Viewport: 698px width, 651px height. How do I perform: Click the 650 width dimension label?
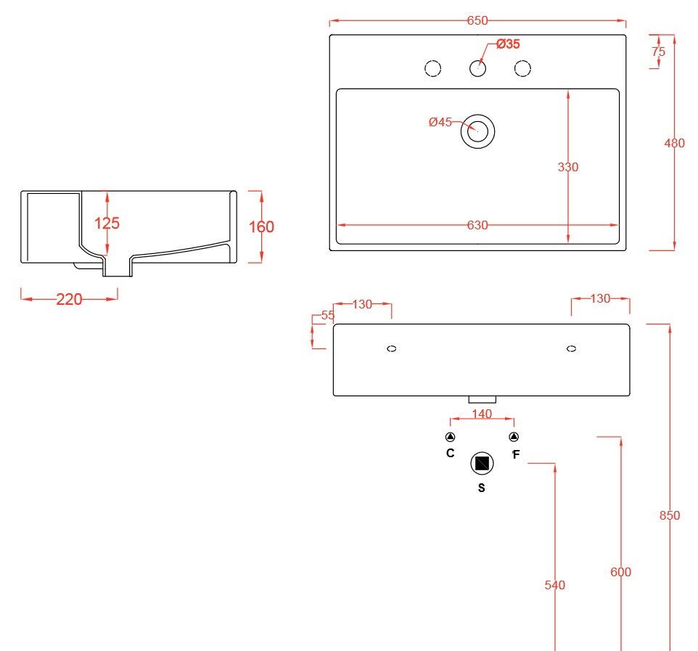tap(477, 21)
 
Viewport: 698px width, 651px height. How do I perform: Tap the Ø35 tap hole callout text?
tap(508, 45)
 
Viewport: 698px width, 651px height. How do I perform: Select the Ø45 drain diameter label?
tap(440, 122)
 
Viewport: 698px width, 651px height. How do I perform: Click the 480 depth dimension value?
tap(675, 144)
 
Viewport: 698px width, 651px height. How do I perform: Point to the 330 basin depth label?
tap(568, 167)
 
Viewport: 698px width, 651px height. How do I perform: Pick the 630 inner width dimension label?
tap(477, 226)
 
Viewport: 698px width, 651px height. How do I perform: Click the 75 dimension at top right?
tap(659, 52)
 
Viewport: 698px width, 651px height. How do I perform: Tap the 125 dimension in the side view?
tap(107, 224)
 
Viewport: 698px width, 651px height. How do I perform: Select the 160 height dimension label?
tap(261, 227)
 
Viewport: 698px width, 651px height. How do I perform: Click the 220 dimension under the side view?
tap(70, 299)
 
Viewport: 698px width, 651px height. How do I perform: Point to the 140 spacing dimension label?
tap(482, 414)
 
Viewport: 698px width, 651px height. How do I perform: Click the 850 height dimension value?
tap(670, 516)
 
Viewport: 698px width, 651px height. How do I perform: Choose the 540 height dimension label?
tap(554, 585)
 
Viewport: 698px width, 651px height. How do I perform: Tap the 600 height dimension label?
tap(620, 573)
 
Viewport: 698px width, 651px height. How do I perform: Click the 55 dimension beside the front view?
tap(327, 316)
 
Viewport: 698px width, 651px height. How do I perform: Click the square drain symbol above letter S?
tap(482, 463)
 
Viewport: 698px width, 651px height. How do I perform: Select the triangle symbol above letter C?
tap(450, 437)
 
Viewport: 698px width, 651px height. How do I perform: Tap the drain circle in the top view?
tap(477, 131)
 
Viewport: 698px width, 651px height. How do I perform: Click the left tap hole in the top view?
tap(432, 68)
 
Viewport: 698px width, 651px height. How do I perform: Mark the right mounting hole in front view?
tap(571, 349)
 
